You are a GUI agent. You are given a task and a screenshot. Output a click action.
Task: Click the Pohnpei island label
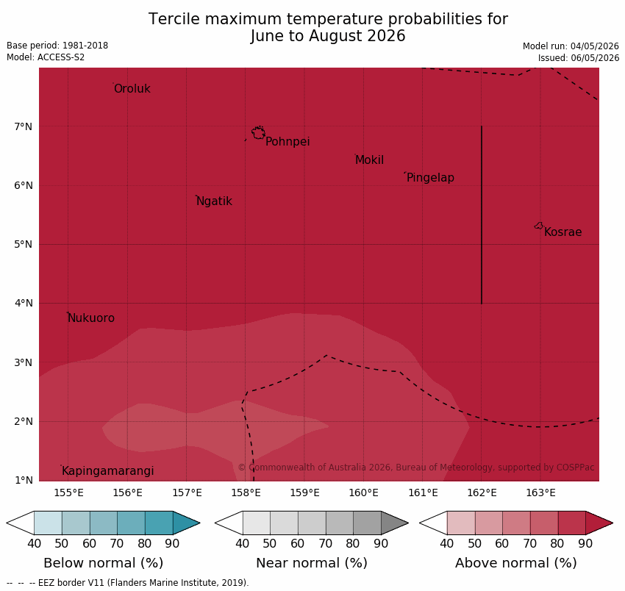(287, 141)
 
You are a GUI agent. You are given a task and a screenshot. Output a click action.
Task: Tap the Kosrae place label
(562, 232)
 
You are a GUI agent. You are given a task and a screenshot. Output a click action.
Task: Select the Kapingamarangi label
(107, 471)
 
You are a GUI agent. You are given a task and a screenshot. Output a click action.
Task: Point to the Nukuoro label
(91, 318)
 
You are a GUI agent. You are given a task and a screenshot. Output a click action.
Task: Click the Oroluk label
(132, 88)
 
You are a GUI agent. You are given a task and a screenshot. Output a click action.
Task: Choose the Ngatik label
(214, 201)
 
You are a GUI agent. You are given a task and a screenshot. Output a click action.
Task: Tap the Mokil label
(370, 160)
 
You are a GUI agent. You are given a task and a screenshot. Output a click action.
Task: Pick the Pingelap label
(430, 178)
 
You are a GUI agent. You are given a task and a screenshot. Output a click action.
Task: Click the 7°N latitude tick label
(23, 126)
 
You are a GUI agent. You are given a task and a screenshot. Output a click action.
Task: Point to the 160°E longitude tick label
(363, 493)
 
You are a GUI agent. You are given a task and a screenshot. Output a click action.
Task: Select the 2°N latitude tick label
(23, 421)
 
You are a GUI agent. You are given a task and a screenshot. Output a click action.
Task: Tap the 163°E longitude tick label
(540, 493)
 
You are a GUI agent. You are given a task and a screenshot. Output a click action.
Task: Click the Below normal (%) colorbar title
(103, 563)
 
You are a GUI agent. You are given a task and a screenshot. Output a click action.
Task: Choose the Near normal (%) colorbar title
(312, 563)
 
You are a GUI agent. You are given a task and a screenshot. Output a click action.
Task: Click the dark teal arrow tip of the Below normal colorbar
(199, 523)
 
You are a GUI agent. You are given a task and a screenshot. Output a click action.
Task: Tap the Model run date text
(571, 46)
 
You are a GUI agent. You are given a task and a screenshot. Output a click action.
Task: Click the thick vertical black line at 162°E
(482, 215)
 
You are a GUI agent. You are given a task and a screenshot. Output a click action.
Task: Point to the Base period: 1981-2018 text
(57, 46)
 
